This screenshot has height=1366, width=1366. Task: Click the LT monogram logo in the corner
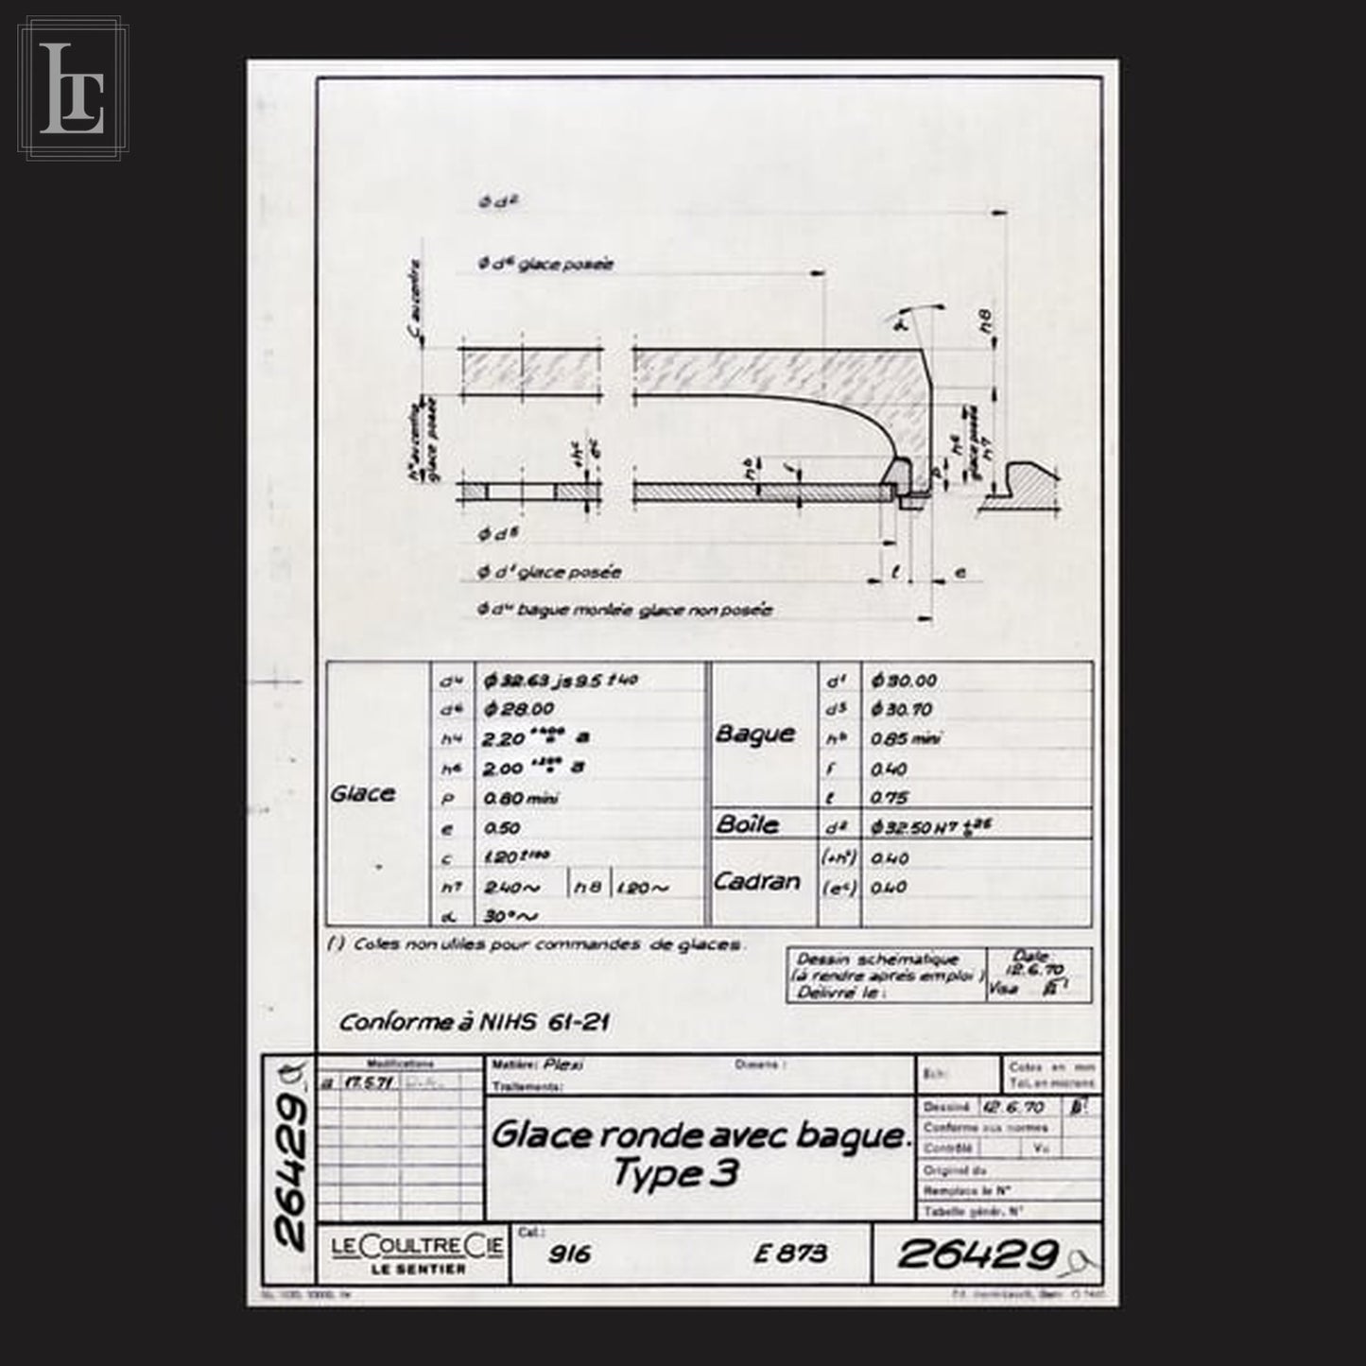coord(71,87)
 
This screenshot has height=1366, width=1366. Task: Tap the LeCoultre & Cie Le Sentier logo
coord(417,1254)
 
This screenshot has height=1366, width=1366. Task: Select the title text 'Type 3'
coord(675,1173)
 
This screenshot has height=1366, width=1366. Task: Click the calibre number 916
coord(569,1254)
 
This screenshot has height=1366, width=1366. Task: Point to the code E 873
coord(790,1254)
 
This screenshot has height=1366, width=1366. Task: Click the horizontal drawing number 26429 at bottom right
coord(977,1254)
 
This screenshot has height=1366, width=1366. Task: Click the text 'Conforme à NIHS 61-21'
coord(474,1022)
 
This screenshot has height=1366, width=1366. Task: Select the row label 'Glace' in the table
coord(362,793)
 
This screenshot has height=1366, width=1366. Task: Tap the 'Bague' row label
coord(753,734)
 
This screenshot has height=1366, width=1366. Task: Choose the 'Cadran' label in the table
coord(755,881)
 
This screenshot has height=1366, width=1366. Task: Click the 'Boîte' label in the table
coord(747,823)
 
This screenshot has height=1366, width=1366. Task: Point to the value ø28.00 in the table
coord(518,709)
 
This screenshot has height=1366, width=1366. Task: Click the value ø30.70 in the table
coord(904,709)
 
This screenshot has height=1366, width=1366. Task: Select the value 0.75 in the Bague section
coord(889,797)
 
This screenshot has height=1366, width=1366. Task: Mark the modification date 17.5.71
coord(360,1083)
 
